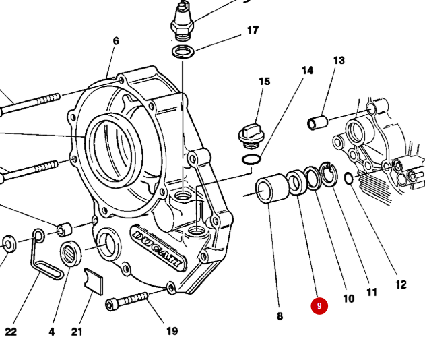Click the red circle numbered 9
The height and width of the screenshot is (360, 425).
(319, 306)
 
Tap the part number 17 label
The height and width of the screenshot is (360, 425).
(253, 30)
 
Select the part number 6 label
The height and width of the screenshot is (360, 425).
(116, 41)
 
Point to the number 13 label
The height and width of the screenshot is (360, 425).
(338, 61)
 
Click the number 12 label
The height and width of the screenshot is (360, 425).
(401, 284)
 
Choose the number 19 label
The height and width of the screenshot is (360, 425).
(172, 331)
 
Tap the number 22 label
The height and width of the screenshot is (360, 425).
(11, 332)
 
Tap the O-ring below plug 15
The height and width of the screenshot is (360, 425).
(251, 159)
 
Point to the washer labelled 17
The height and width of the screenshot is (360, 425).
(182, 52)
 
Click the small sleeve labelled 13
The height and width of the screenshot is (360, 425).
(317, 123)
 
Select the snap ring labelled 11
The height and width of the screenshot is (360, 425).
(328, 175)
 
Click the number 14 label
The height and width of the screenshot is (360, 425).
(307, 71)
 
